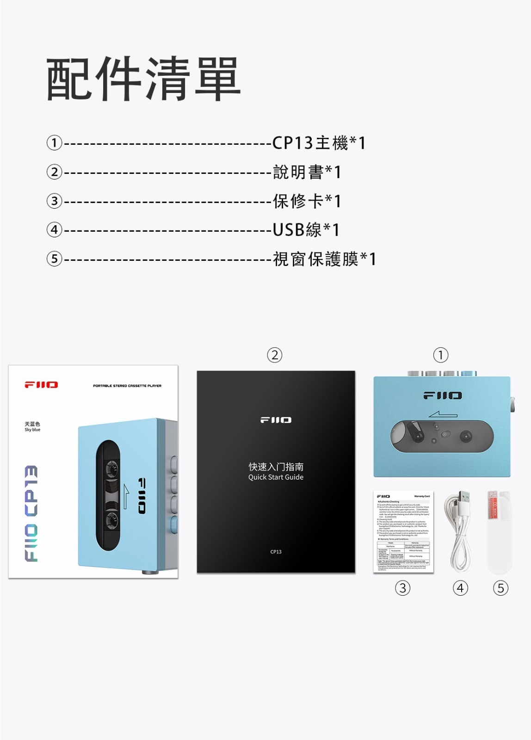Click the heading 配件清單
143,79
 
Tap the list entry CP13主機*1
319,143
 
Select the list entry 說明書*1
307,172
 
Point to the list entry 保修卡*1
307,201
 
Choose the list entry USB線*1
306,230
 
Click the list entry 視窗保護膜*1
324,259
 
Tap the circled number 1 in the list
55,143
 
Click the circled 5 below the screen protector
500,588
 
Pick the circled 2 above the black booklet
275,355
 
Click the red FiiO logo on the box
41,385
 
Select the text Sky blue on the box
32,430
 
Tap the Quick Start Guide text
276,477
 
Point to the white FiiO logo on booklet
276,420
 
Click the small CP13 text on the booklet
276,552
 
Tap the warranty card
403,532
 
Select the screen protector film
499,532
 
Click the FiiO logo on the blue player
442,396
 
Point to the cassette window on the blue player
441,436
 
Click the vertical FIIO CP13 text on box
31,513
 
